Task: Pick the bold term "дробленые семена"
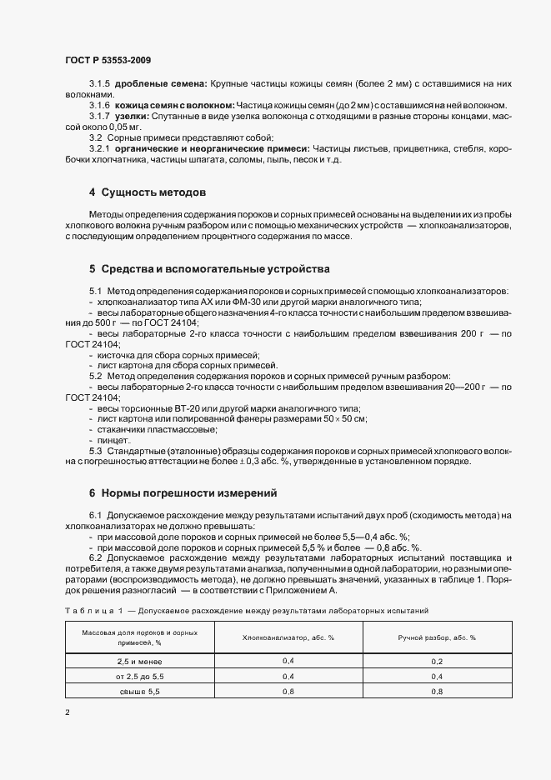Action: (161, 84)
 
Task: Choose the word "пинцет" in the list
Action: (113, 439)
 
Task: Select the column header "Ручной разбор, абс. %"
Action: (437, 637)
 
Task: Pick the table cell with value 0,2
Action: (437, 660)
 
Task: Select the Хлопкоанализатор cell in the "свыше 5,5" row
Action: (288, 692)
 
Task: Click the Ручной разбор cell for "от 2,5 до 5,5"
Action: (437, 676)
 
